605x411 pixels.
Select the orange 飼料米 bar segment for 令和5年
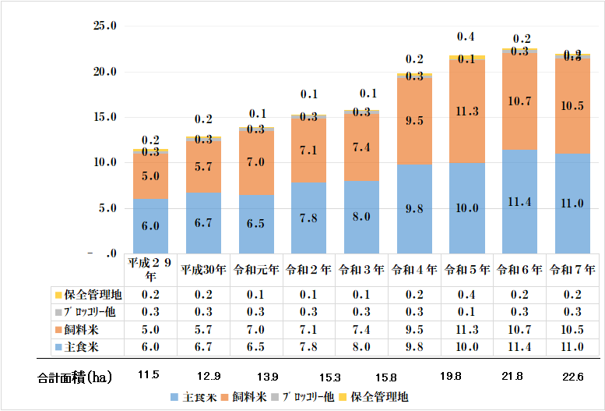pos(467,111)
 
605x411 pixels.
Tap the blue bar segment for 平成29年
pos(151,225)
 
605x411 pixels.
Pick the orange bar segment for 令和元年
pos(257,161)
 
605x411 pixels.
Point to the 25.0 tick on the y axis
pos(104,26)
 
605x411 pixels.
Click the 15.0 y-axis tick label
pos(104,117)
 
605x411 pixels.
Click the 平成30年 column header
pos(204,270)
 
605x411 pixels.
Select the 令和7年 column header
pos(573,270)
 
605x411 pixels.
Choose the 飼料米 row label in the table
pos(78,330)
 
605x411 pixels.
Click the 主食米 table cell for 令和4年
pos(415,346)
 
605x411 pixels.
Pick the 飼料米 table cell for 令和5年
pos(467,330)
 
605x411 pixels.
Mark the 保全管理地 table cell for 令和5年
pos(467,296)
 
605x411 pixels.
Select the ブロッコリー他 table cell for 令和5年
pos(467,313)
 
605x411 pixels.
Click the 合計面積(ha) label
pos(75,378)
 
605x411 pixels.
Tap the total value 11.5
pos(148,375)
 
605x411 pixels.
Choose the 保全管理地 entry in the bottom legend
pos(378,396)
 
